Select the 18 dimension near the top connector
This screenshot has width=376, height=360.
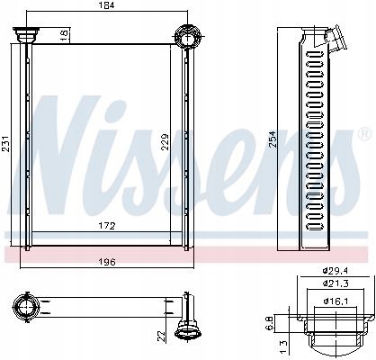click(x=64, y=34)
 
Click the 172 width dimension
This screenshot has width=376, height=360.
click(x=106, y=225)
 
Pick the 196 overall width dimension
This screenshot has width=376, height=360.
click(x=106, y=263)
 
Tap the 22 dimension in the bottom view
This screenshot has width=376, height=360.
click(x=161, y=335)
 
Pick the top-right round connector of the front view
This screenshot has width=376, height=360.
click(x=186, y=37)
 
